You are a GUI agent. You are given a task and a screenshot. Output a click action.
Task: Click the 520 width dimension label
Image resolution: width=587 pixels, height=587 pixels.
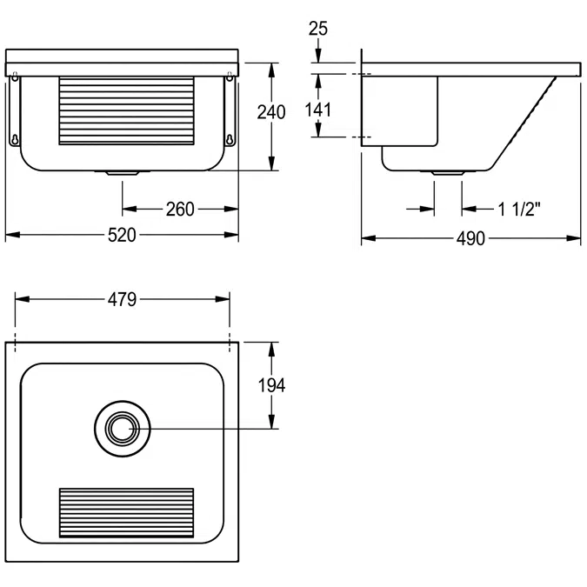122,236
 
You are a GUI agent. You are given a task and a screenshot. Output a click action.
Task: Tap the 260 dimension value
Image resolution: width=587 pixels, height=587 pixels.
179,210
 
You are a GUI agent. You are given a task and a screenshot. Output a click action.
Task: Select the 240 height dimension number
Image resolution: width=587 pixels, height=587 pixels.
272,112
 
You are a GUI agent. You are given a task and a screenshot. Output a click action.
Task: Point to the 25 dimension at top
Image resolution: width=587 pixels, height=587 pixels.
318,29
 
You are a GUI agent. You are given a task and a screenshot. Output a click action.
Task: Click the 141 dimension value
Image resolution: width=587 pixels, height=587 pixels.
318,109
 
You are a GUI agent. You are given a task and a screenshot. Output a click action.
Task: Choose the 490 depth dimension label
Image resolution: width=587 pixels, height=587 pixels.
470,238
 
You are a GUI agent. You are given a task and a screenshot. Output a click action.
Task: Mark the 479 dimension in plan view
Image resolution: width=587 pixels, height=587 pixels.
122,300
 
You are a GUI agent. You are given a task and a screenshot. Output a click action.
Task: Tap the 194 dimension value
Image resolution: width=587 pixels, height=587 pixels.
272,385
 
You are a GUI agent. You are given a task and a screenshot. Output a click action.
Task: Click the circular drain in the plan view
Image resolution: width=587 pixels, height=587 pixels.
122,428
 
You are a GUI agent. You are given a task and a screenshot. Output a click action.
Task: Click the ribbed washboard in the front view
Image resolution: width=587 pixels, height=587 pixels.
125,110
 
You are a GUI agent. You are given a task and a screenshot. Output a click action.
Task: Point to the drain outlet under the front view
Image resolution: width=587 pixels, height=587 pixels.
122,172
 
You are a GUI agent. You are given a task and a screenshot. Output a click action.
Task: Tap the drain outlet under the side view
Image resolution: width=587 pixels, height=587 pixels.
447,173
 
